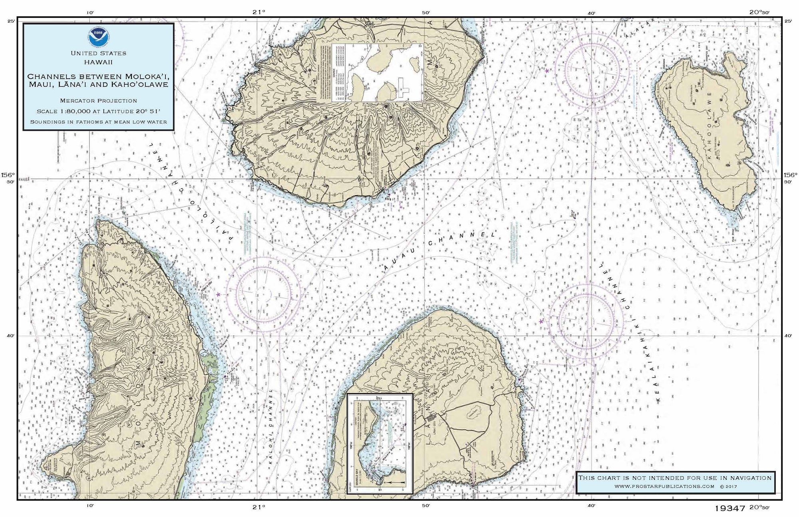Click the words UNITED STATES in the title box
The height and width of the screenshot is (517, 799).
click(x=98, y=53)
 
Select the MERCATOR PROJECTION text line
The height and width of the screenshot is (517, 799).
click(x=98, y=101)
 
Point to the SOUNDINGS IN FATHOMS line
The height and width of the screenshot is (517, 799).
click(x=98, y=121)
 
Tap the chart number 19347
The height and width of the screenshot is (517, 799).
click(x=730, y=509)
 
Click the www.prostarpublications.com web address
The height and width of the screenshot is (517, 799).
click(x=664, y=486)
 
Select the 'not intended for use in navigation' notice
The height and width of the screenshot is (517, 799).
click(x=675, y=477)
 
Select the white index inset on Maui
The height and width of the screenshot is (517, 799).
click(x=370, y=72)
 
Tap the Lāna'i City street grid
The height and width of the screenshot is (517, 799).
click(x=431, y=418)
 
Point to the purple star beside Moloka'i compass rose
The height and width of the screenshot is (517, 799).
click(x=218, y=294)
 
